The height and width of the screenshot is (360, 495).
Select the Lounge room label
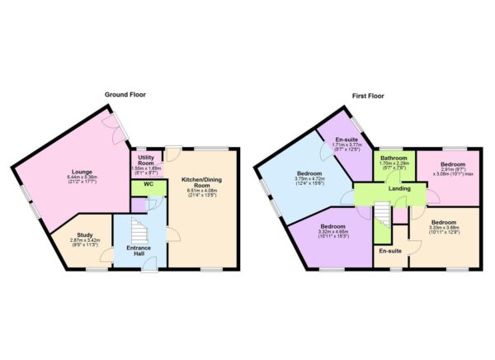tap(82, 171)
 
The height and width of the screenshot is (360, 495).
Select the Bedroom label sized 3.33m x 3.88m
tap(443, 221)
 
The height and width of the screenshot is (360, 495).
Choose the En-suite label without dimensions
tap(389, 250)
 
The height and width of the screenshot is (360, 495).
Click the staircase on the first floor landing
tap(383, 219)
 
